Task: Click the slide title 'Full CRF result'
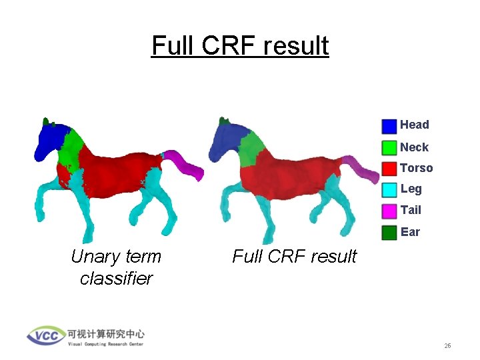pos(240,45)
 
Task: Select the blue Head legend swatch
pos(389,126)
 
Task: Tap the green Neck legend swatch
pos(389,147)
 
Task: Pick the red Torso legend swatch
pos(389,169)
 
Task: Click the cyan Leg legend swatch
pos(389,190)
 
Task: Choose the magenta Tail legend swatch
pos(389,211)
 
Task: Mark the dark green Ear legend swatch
pos(389,233)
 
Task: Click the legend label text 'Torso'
pos(416,168)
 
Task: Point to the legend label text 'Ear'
pos(410,232)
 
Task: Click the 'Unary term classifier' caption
pos(116,267)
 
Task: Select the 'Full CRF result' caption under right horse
pos(294,256)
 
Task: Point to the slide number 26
pos(447,346)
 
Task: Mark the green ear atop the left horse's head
pos(46,122)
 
